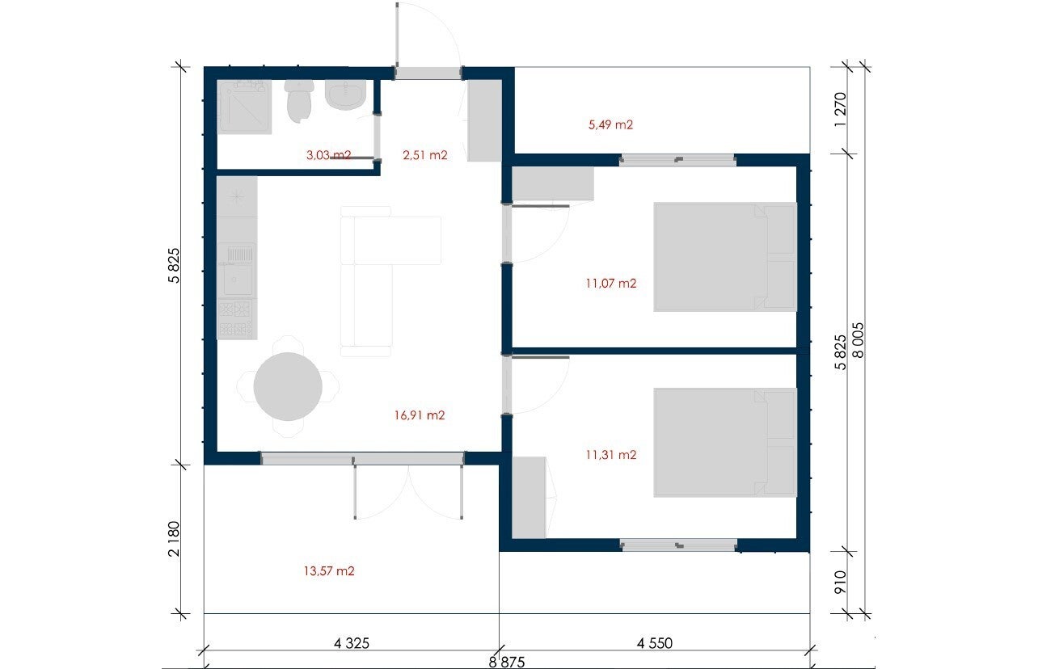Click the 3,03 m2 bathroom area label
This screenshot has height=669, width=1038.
pos(328,155)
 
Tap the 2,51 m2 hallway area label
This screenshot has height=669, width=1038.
pos(425,155)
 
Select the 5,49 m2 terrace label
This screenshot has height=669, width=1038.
pos(610,124)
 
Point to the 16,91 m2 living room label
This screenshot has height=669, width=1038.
pos(420,415)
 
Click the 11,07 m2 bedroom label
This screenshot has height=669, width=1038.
pos(610,283)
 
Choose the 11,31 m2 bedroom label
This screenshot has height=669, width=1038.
pos(610,455)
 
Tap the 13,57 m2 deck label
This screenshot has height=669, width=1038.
pos(329,570)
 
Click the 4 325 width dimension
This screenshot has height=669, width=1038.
pos(351,643)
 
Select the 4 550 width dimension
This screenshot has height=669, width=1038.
pos(654,643)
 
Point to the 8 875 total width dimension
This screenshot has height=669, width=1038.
pos(507,662)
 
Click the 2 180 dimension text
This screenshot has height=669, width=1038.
pos(174,539)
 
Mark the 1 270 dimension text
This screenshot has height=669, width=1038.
pos(840,109)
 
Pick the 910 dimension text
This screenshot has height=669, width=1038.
pos(840,582)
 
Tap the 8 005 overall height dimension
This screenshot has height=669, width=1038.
pos(858,340)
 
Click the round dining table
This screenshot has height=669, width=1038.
pos(288,386)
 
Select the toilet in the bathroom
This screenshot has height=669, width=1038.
pos(299,100)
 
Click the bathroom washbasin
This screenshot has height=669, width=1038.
pos(345,95)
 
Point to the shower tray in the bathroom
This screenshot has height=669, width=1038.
pos(244,107)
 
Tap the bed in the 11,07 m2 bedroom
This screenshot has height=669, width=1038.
pos(725,257)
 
